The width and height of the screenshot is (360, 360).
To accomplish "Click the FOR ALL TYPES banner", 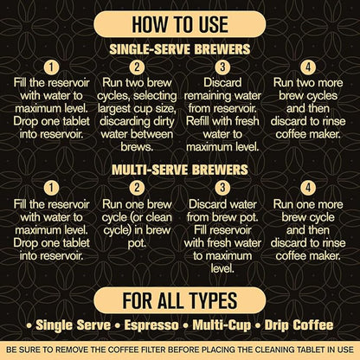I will (179, 300).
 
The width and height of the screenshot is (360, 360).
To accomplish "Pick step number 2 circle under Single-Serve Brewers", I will (136, 67).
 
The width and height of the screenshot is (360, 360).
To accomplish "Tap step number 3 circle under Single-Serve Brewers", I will (222, 67).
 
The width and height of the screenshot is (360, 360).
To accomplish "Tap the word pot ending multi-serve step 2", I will (136, 245).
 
